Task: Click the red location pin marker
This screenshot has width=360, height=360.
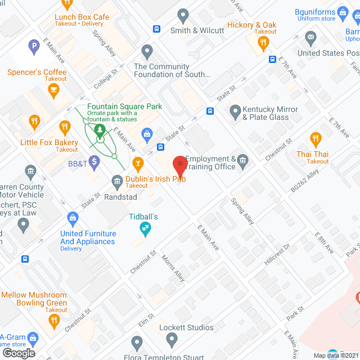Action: tap(179, 165)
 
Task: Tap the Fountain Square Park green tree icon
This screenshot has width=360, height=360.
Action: tap(100, 131)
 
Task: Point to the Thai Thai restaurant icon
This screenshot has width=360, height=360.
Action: tap(316, 138)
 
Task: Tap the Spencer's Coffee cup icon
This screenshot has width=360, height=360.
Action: tap(53, 91)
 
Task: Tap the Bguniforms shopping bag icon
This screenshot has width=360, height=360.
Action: tap(341, 12)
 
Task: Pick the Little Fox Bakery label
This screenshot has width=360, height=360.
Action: tap(49, 142)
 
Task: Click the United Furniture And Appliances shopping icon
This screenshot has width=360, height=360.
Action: tap(73, 217)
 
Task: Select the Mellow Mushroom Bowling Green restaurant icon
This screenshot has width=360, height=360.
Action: tap(54, 321)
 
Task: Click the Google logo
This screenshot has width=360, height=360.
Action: tap(19, 353)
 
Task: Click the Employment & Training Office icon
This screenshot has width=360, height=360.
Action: tap(242, 162)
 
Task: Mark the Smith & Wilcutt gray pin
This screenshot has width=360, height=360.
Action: tap(182, 15)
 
